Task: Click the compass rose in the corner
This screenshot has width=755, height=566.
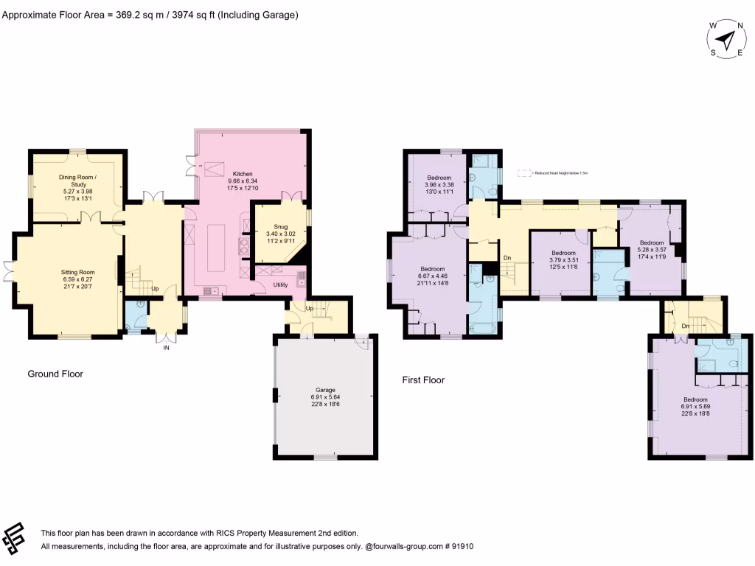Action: coord(727,38)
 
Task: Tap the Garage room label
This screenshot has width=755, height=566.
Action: coord(326,390)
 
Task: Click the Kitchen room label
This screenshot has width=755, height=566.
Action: coord(243,174)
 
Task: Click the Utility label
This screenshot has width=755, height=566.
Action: coord(280,284)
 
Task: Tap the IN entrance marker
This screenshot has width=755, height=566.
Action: coord(166,347)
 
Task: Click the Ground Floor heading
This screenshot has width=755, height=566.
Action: coord(55,374)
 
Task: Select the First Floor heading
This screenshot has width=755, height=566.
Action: coord(423,380)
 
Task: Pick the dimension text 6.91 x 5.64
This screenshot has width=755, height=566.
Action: coord(326,397)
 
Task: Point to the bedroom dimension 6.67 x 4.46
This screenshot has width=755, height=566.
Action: coord(432,276)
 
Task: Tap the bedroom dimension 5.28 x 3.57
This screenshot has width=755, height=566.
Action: coord(651,250)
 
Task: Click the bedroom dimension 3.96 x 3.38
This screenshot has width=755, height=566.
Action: coord(439,185)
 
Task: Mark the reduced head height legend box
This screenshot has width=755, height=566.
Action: coord(524,173)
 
